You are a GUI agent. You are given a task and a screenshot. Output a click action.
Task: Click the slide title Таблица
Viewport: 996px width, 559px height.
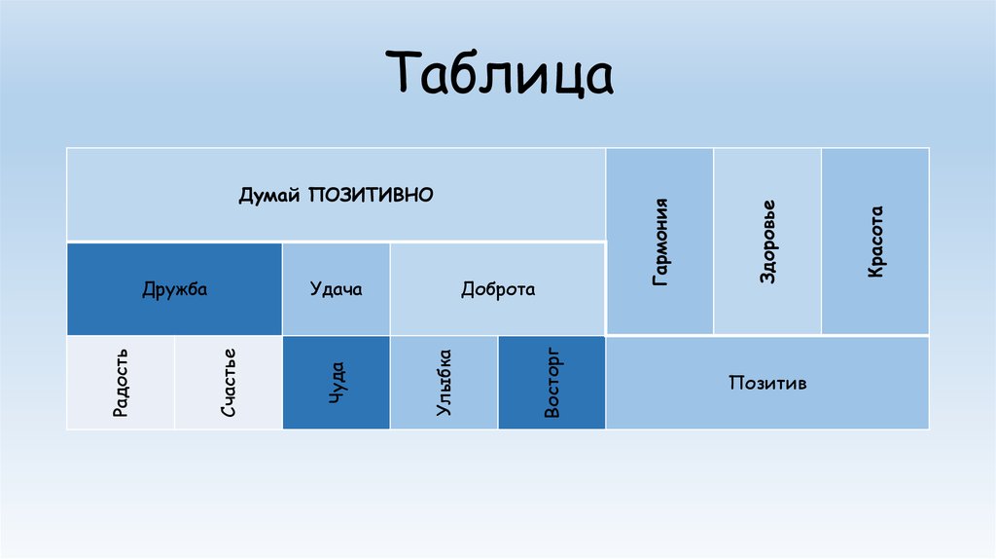coord(503,76)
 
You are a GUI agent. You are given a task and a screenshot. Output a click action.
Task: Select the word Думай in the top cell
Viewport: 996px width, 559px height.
coord(271,195)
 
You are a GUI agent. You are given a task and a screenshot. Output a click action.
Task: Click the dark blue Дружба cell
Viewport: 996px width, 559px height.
coord(174,289)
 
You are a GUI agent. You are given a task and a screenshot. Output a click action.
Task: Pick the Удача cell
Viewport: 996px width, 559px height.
coord(336,289)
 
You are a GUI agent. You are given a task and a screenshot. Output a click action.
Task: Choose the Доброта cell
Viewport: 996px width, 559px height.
coord(497,289)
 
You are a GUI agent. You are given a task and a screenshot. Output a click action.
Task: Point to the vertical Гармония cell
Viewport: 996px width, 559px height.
coord(660,242)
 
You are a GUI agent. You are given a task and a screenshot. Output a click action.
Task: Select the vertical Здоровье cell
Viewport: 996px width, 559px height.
coord(767,242)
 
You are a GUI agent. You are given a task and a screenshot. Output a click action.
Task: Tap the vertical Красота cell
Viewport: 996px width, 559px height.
coord(875,242)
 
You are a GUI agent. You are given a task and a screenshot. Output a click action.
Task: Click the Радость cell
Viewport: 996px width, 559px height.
coord(121,383)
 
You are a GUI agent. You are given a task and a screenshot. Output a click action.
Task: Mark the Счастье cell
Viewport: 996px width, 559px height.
coord(229,383)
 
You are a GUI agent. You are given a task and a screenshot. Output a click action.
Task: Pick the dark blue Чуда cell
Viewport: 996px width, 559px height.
coord(336,383)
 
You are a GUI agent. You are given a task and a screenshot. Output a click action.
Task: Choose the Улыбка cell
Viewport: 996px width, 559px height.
coord(444,383)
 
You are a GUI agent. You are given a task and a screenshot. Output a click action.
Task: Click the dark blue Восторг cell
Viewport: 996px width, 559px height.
coord(551,383)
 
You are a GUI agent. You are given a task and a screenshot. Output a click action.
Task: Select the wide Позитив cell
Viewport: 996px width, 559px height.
coord(767,383)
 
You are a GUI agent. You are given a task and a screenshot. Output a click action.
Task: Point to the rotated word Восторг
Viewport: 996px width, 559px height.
coord(551,382)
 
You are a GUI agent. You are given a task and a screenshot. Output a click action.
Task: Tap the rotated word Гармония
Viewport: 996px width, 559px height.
coord(660,242)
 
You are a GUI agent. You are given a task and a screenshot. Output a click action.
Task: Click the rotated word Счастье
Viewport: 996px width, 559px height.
coord(229,384)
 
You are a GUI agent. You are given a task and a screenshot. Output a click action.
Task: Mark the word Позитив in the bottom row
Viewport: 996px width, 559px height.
coord(767,383)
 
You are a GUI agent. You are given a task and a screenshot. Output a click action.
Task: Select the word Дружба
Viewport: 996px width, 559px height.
coord(174,289)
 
